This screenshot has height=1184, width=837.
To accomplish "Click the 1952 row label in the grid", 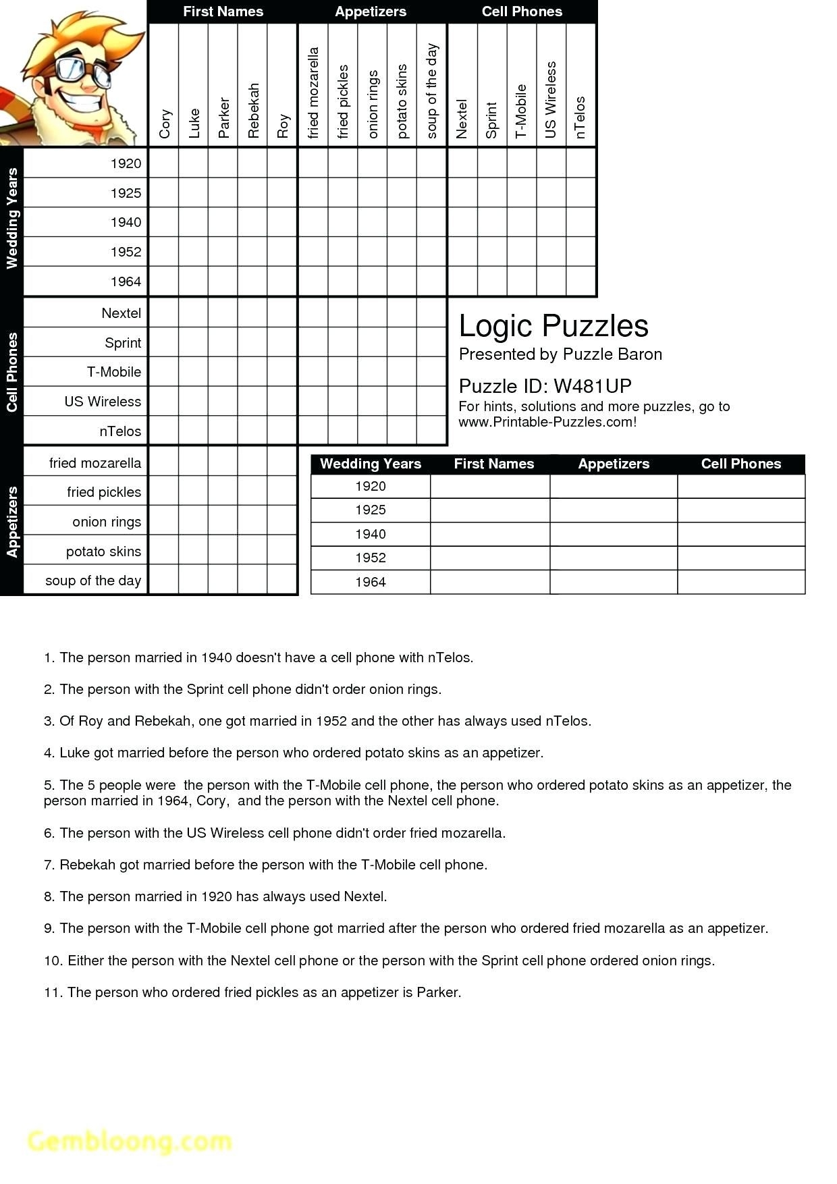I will coord(126,252).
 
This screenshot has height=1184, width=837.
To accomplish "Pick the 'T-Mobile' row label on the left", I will coord(113,372).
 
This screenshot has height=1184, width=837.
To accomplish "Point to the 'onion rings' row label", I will coord(107,522).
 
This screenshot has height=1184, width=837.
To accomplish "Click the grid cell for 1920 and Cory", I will coord(163,163).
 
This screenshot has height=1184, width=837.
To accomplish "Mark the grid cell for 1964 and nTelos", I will coord(580,281).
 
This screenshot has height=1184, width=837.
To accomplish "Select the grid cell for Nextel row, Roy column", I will coord(282,313).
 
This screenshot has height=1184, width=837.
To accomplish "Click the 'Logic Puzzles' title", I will coord(553,326).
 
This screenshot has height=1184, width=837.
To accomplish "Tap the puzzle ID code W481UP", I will coord(592,386).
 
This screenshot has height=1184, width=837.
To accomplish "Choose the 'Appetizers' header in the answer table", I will coord(614,464).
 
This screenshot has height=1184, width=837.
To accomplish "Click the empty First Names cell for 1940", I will coord(490,534).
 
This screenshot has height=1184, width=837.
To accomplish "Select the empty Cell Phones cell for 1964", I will coord(740,582).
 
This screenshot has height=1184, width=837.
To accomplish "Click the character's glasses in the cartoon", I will coord(86,70).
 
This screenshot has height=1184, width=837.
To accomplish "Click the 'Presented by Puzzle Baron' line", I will coord(560,354).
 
